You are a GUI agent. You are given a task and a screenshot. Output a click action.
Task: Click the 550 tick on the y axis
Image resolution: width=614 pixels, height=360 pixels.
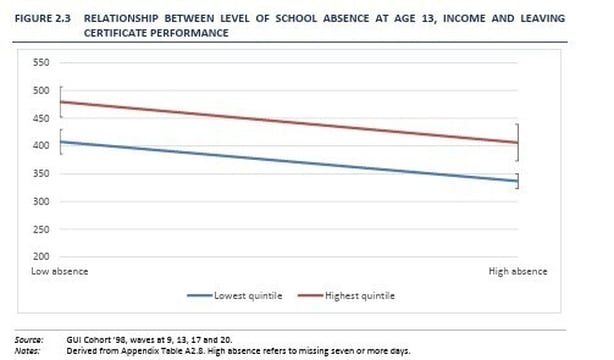tap(41, 62)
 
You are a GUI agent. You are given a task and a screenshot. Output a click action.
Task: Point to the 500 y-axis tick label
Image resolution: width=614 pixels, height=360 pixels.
tap(41, 90)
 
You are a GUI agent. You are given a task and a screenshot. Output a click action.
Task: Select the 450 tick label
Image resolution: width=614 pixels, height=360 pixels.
tap(41, 118)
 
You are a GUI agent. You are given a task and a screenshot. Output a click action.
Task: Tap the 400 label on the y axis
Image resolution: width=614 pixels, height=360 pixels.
tap(41, 146)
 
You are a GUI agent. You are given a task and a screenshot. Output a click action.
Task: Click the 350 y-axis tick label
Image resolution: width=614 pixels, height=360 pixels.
tap(41, 174)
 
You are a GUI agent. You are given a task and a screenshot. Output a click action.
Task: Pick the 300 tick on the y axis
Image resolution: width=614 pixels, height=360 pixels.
tap(41, 201)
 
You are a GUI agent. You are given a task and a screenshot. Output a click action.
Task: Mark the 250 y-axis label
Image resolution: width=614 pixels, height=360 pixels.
tap(41, 229)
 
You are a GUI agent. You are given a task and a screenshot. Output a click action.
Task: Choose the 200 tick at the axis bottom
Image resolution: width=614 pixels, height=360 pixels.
tap(41, 257)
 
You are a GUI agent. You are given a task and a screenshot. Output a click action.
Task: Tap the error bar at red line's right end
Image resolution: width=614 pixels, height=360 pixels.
tap(518, 142)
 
